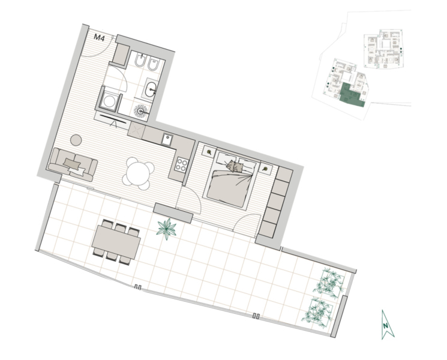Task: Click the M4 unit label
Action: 99,38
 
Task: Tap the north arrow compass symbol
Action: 388,325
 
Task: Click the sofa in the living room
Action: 73,165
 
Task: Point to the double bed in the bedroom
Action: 232,179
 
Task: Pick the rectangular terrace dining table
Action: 116,242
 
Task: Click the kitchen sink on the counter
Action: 167,140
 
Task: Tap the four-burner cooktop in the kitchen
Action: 182,164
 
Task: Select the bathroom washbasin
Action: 151,88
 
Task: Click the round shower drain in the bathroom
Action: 140,111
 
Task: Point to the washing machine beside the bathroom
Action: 109,101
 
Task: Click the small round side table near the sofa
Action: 76,140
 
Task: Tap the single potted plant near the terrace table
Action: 166,229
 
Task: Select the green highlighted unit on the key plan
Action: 351,95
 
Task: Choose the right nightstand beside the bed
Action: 266,169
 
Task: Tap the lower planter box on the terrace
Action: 319,311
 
